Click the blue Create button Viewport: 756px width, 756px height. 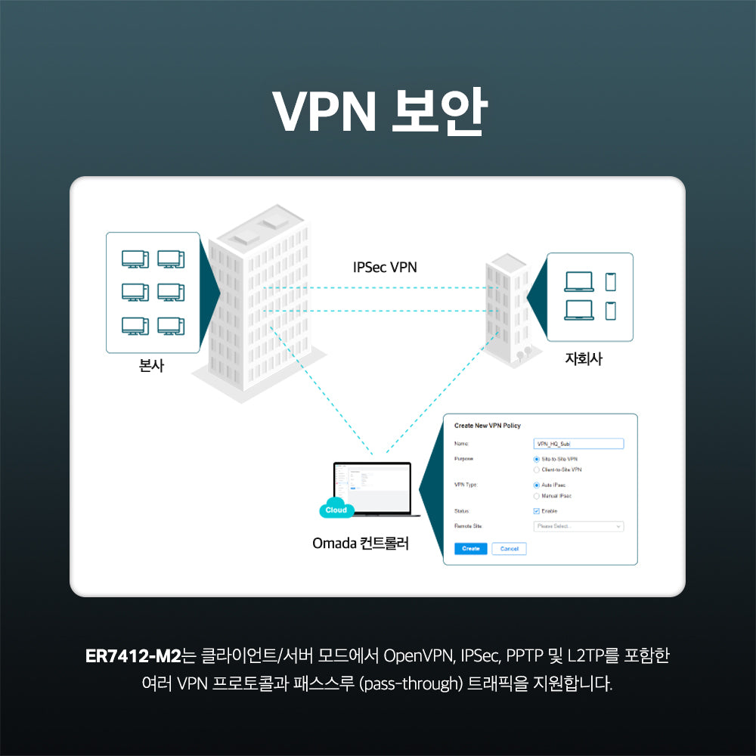(470, 549)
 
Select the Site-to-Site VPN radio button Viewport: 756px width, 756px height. (536, 459)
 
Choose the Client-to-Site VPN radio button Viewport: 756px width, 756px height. (536, 469)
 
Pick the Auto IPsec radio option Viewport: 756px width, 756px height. (536, 485)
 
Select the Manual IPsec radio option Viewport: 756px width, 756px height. (536, 496)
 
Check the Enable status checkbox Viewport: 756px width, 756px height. (536, 511)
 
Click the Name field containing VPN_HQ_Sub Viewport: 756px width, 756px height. (578, 444)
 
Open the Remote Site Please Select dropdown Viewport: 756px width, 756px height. (578, 526)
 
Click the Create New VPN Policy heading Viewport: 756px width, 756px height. (488, 426)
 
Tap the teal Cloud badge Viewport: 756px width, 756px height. (336, 510)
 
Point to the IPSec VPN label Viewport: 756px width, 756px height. (385, 267)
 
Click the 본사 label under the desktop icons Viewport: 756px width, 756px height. (152, 367)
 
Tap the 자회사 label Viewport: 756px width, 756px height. (584, 360)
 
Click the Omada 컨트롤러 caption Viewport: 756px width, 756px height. (361, 544)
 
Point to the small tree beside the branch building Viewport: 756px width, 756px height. (521, 353)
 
